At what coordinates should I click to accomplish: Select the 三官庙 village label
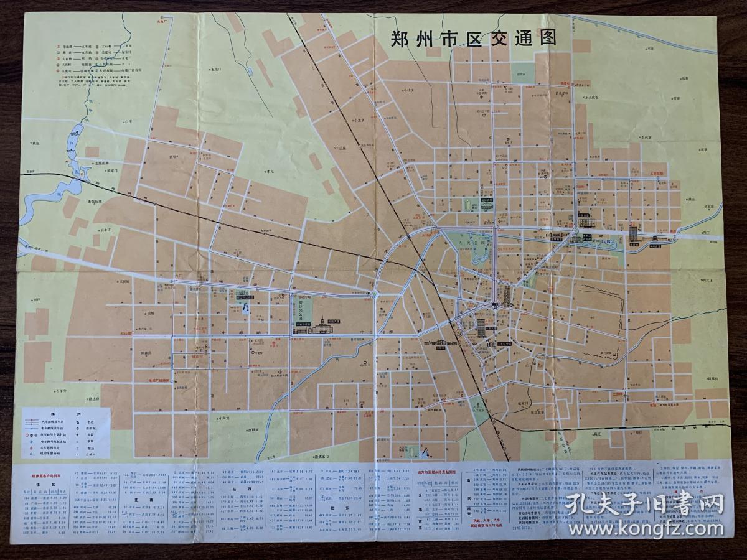124,281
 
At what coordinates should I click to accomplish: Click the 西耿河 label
252,429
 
